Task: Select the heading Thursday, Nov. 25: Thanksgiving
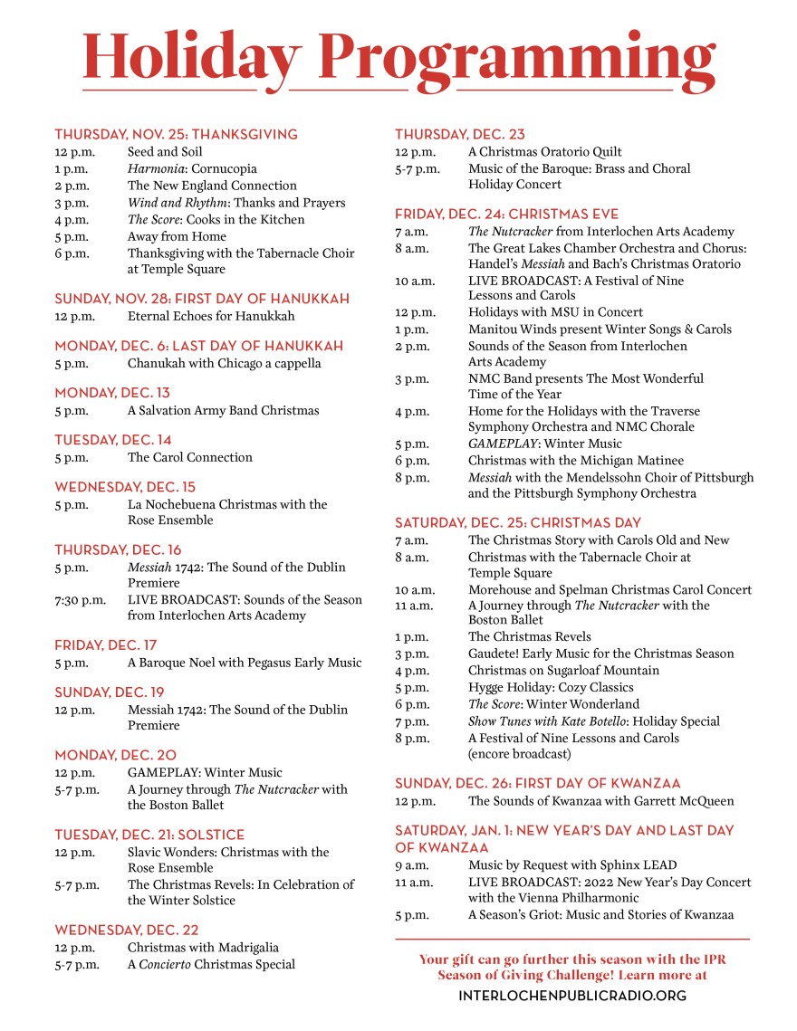176,134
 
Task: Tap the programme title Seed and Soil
165,152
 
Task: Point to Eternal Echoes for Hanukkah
211,316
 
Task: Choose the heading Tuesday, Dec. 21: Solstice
149,835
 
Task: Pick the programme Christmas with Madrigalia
203,947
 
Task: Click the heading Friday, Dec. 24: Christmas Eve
506,215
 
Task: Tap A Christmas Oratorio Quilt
545,152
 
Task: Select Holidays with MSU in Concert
555,312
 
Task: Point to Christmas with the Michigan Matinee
576,461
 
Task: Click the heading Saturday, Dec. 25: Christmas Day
517,522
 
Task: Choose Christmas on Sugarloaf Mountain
563,671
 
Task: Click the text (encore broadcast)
519,753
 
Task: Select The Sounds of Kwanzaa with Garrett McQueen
600,801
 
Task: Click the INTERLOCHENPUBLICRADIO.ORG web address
572,996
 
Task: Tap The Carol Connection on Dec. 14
190,457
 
